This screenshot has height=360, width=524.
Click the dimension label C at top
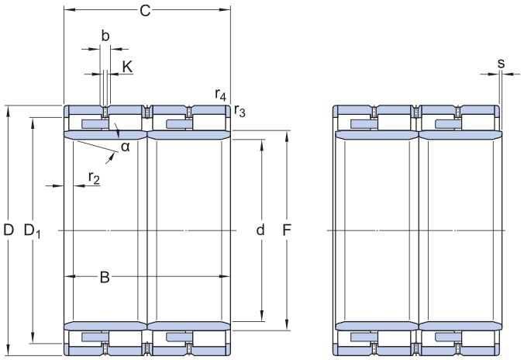pos(145,11)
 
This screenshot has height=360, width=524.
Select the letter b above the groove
pos(105,36)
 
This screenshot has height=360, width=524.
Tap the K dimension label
pos(127,67)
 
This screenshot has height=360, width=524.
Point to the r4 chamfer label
pos(221,95)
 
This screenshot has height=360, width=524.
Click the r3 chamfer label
pos(240,111)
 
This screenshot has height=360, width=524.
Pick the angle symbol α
pos(126,147)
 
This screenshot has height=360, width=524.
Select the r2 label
pos(94,178)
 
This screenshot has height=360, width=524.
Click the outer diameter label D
pos(9,230)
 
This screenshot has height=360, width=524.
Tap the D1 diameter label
pos(32,231)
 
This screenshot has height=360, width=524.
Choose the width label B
pos(105,277)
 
